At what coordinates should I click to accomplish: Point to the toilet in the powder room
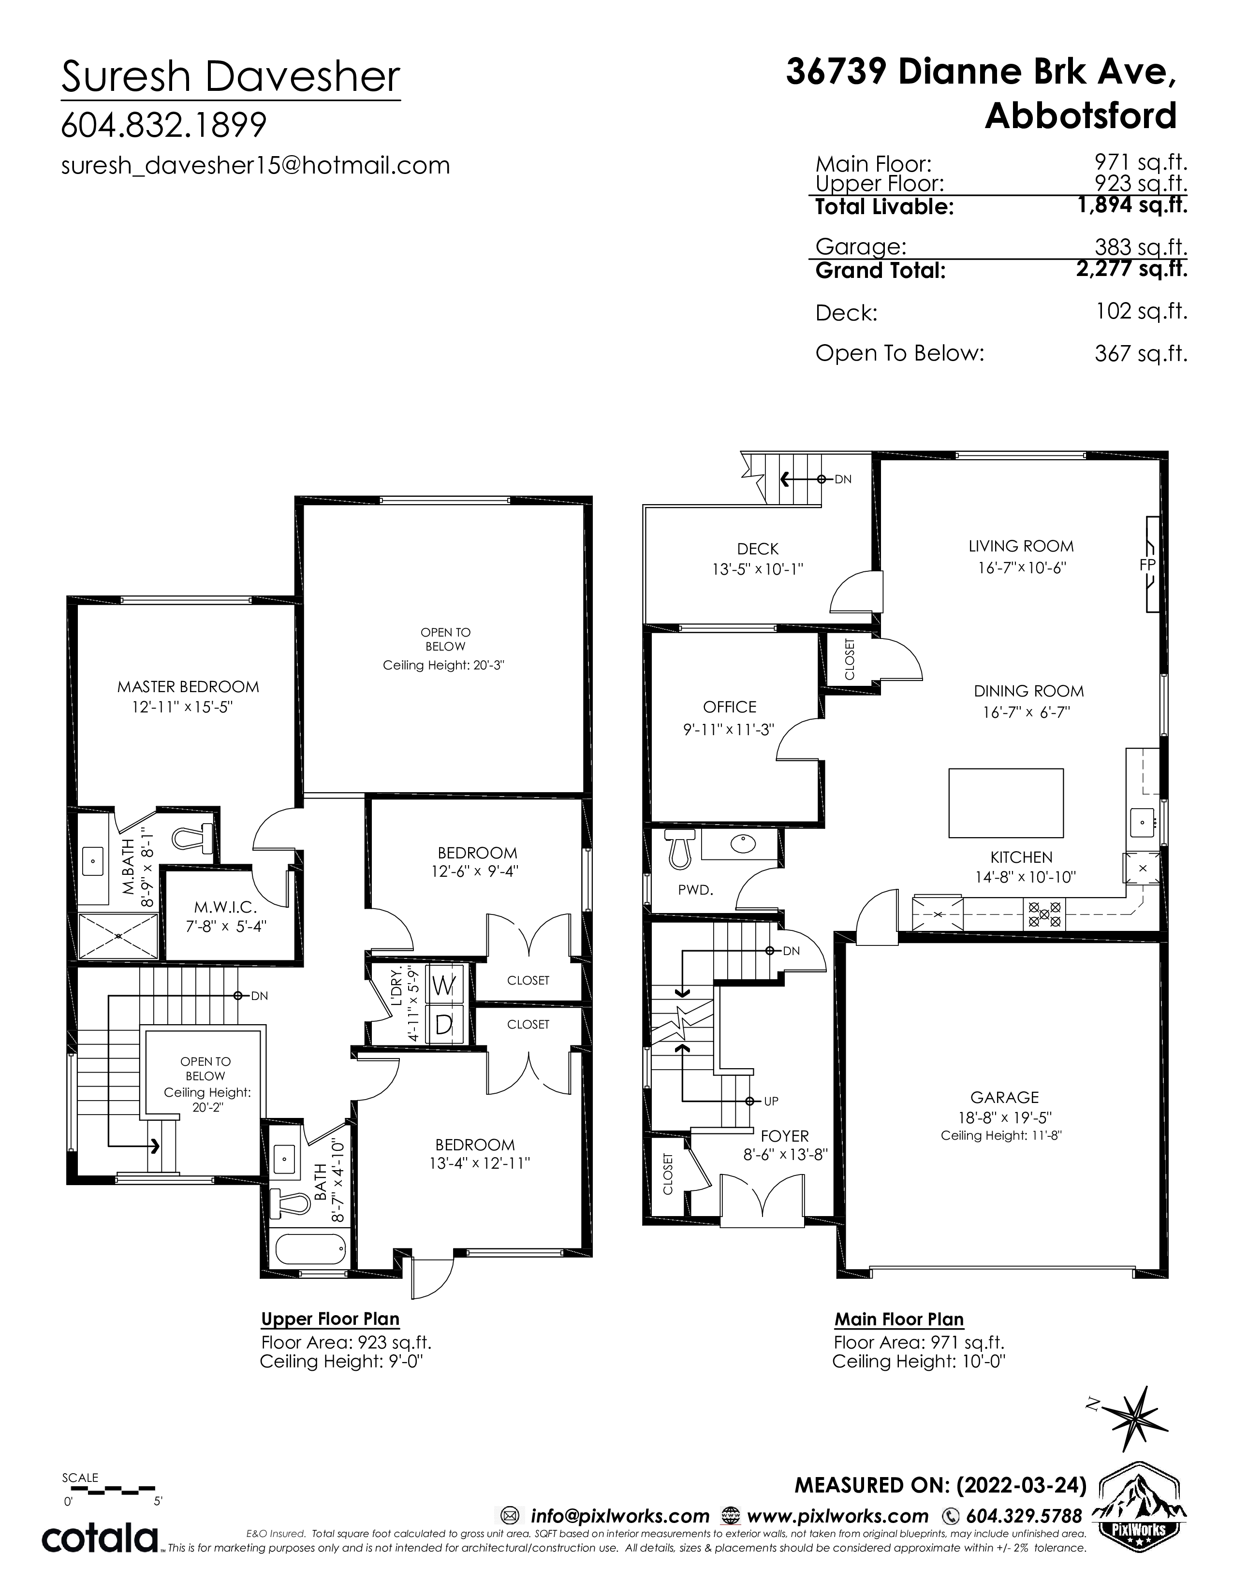click(679, 849)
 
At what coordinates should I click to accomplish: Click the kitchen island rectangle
click(1006, 803)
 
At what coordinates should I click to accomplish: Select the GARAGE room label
click(1004, 1097)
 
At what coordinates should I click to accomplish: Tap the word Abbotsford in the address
click(1081, 116)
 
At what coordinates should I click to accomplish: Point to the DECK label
click(758, 549)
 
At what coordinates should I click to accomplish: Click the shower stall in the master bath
click(117, 936)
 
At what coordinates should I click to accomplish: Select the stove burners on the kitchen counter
click(1043, 913)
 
